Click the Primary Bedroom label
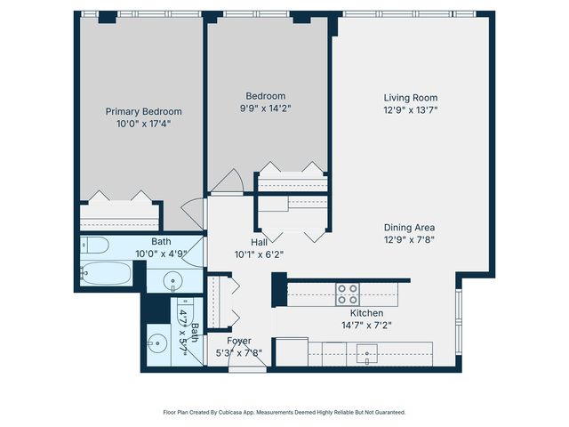point(143,111)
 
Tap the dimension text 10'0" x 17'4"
point(143,124)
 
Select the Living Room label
point(410,98)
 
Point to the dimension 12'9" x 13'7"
point(410,110)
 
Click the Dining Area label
point(410,226)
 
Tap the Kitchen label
point(365,313)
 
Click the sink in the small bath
point(157,342)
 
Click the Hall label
point(260,241)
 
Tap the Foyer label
point(238,341)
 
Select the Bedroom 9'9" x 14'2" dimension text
point(266,109)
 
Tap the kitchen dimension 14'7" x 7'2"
point(365,326)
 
